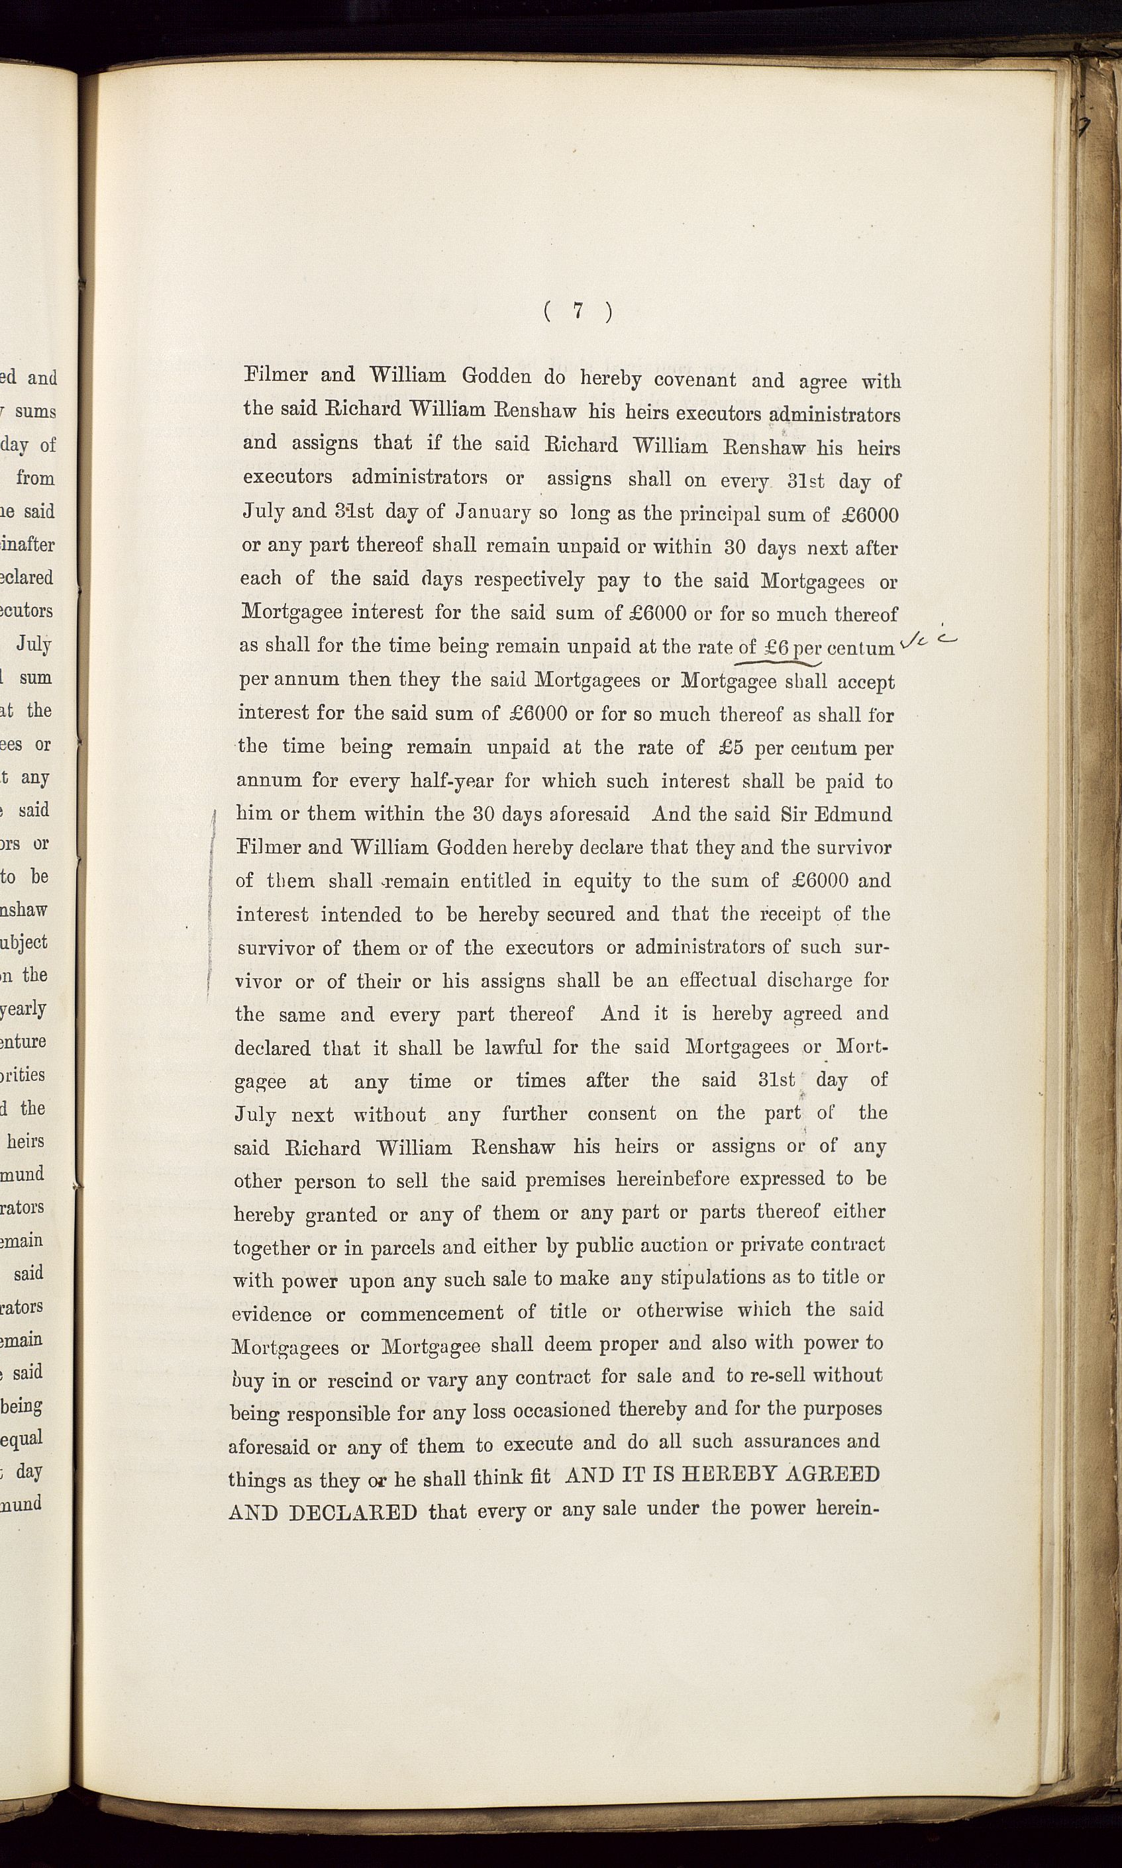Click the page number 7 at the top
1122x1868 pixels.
point(578,310)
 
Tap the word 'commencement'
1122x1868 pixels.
point(432,1314)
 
